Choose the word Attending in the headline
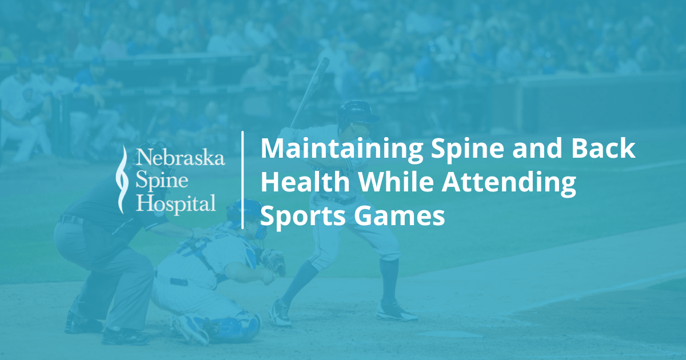(x=514, y=183)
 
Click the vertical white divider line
(x=243, y=179)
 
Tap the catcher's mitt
(x=273, y=262)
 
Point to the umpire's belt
(x=71, y=219)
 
